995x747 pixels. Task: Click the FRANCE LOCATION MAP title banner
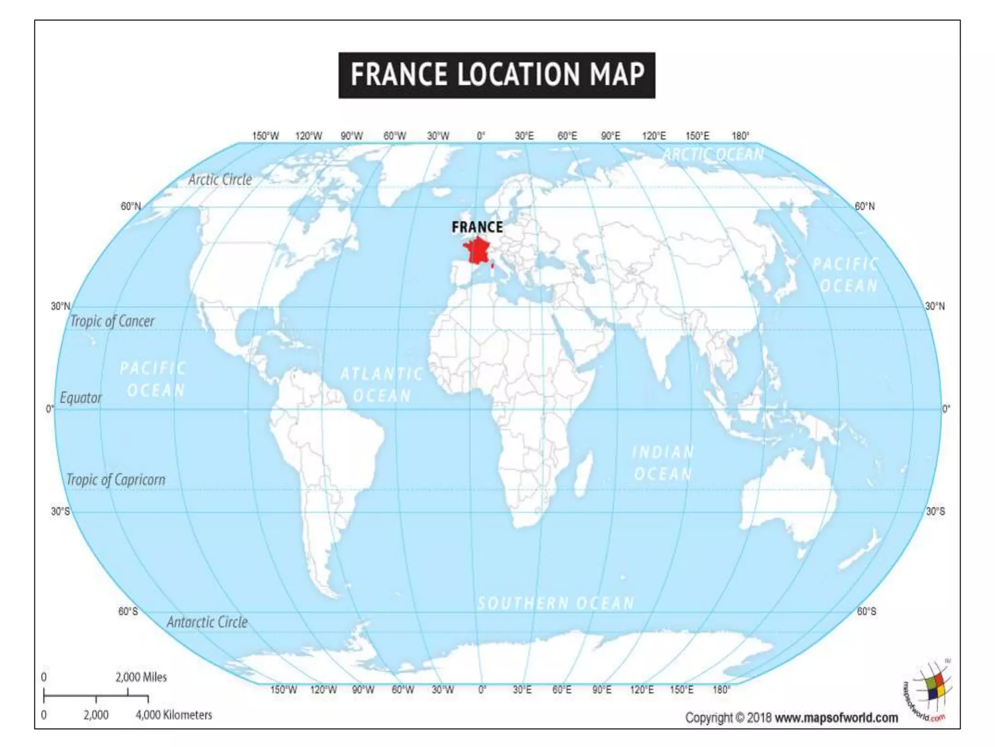(497, 75)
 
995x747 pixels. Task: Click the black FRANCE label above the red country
(477, 227)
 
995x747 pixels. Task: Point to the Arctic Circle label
(220, 179)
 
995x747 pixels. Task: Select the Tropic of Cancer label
(112, 321)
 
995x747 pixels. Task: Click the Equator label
(81, 398)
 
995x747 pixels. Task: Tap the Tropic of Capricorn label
(116, 480)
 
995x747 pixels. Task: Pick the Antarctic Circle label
(207, 622)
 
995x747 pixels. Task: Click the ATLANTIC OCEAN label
(381, 385)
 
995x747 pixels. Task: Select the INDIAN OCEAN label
(663, 463)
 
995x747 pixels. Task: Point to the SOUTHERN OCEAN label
(556, 604)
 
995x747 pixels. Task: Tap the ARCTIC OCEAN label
(713, 154)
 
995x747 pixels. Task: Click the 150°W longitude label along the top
(265, 136)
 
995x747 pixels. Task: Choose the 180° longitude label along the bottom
(721, 690)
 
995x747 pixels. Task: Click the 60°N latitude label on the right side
(865, 206)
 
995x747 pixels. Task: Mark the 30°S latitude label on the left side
(60, 512)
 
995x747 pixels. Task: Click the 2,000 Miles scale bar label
(141, 677)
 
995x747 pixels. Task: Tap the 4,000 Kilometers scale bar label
(174, 715)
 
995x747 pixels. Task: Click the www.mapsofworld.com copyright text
(836, 718)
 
